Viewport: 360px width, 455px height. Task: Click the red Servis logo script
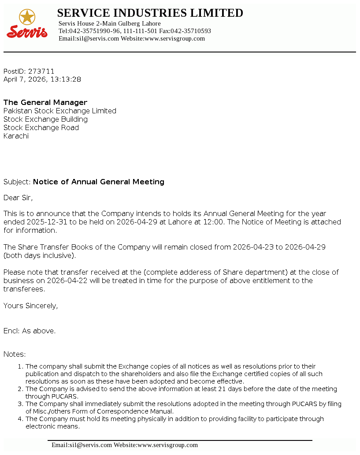click(27, 32)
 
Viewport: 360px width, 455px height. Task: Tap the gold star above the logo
click(27, 17)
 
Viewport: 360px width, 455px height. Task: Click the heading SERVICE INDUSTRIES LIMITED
click(150, 13)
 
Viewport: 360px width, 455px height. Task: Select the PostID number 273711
click(41, 71)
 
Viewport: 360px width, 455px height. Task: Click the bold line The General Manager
click(45, 102)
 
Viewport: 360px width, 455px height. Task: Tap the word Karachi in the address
click(16, 136)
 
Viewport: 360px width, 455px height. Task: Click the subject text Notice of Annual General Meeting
click(99, 182)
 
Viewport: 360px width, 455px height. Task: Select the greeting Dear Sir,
click(18, 198)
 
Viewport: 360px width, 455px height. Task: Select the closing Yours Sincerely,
click(30, 306)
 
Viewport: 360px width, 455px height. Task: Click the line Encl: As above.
click(30, 331)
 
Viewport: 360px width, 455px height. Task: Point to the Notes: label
click(15, 354)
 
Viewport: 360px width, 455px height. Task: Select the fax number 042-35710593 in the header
click(191, 31)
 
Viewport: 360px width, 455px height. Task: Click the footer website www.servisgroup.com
click(167, 445)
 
